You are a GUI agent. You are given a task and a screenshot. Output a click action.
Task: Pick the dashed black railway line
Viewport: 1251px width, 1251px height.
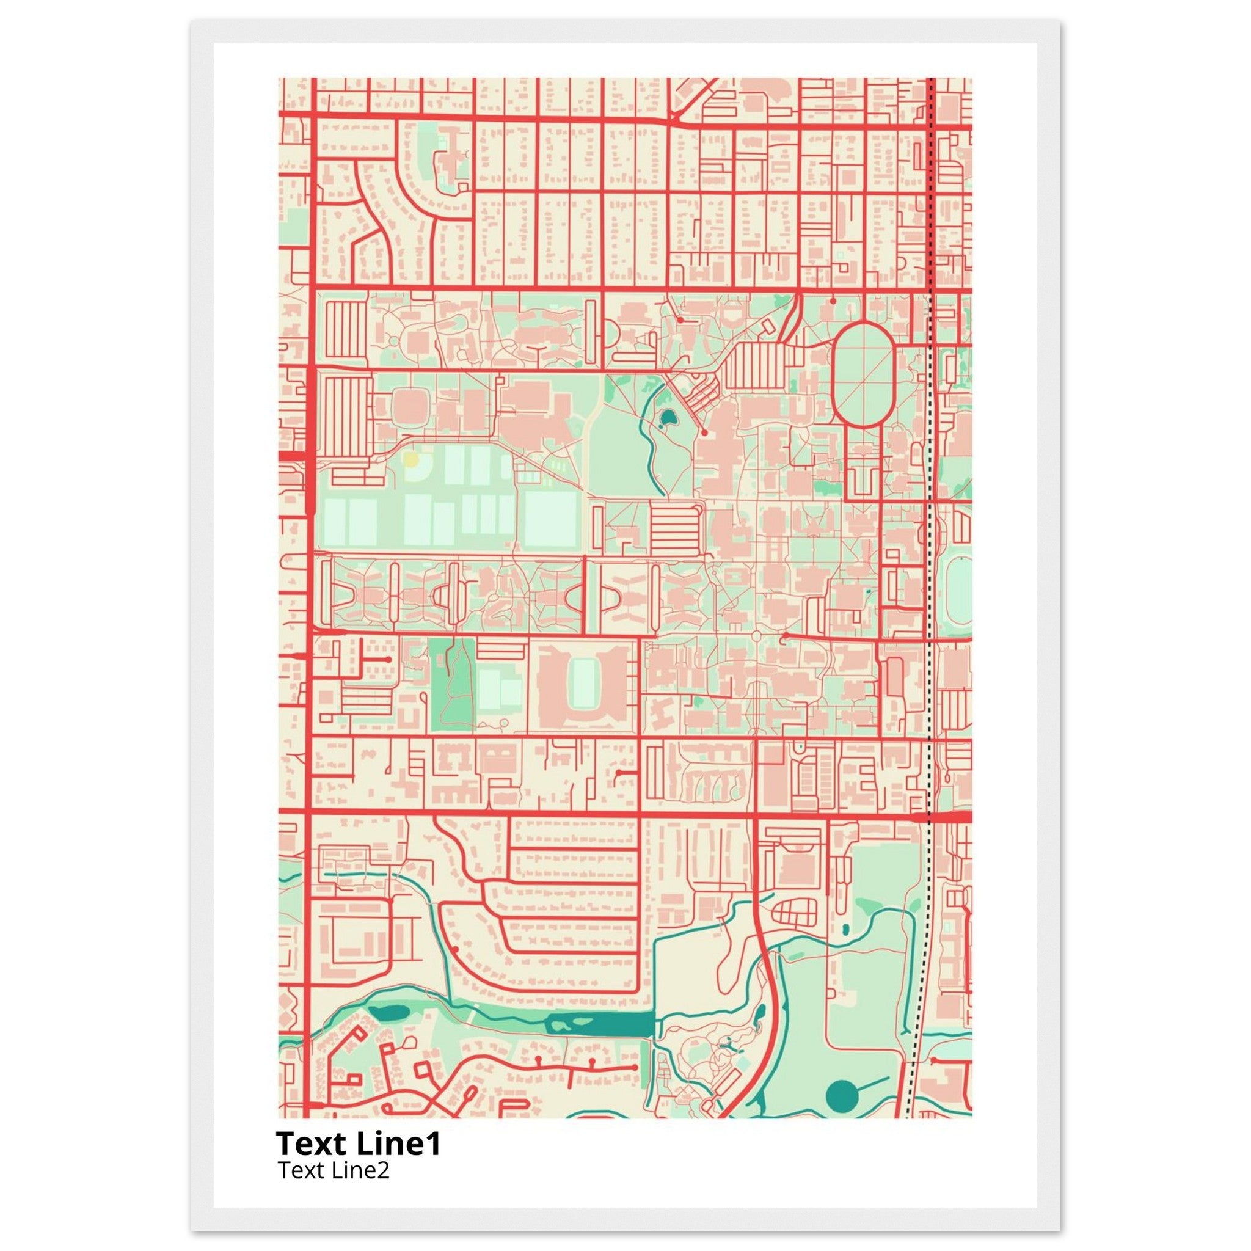coord(930,583)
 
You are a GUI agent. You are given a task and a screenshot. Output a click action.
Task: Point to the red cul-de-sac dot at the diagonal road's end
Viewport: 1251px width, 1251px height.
coord(704,432)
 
